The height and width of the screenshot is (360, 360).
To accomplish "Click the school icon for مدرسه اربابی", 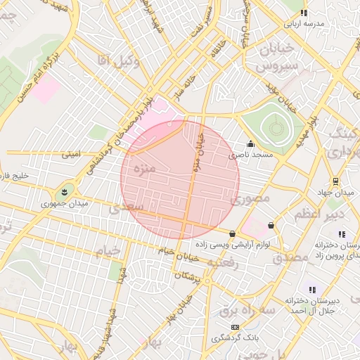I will click(x=304, y=13).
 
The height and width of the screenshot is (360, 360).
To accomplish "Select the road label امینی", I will click(x=71, y=152).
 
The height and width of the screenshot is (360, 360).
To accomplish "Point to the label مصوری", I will click(x=250, y=200).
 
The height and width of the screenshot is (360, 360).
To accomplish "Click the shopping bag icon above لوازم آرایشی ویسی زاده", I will click(x=232, y=233).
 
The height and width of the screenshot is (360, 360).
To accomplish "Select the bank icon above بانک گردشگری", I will click(x=235, y=327).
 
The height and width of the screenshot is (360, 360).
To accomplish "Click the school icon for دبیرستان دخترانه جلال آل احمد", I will click(x=312, y=290).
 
